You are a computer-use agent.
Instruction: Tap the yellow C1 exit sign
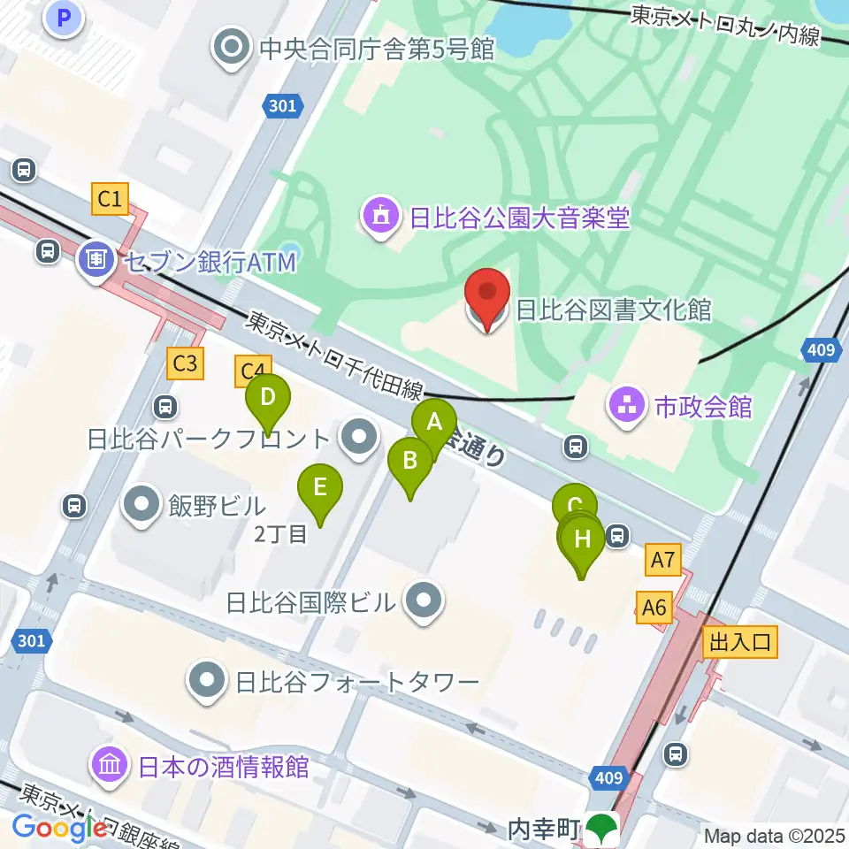[110, 199]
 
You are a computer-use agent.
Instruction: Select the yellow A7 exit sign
[664, 559]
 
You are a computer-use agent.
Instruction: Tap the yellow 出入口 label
[740, 642]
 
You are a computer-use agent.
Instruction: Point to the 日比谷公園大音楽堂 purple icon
[381, 217]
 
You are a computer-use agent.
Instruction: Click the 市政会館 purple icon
[627, 407]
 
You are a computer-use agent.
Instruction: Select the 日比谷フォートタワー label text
[356, 682]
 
